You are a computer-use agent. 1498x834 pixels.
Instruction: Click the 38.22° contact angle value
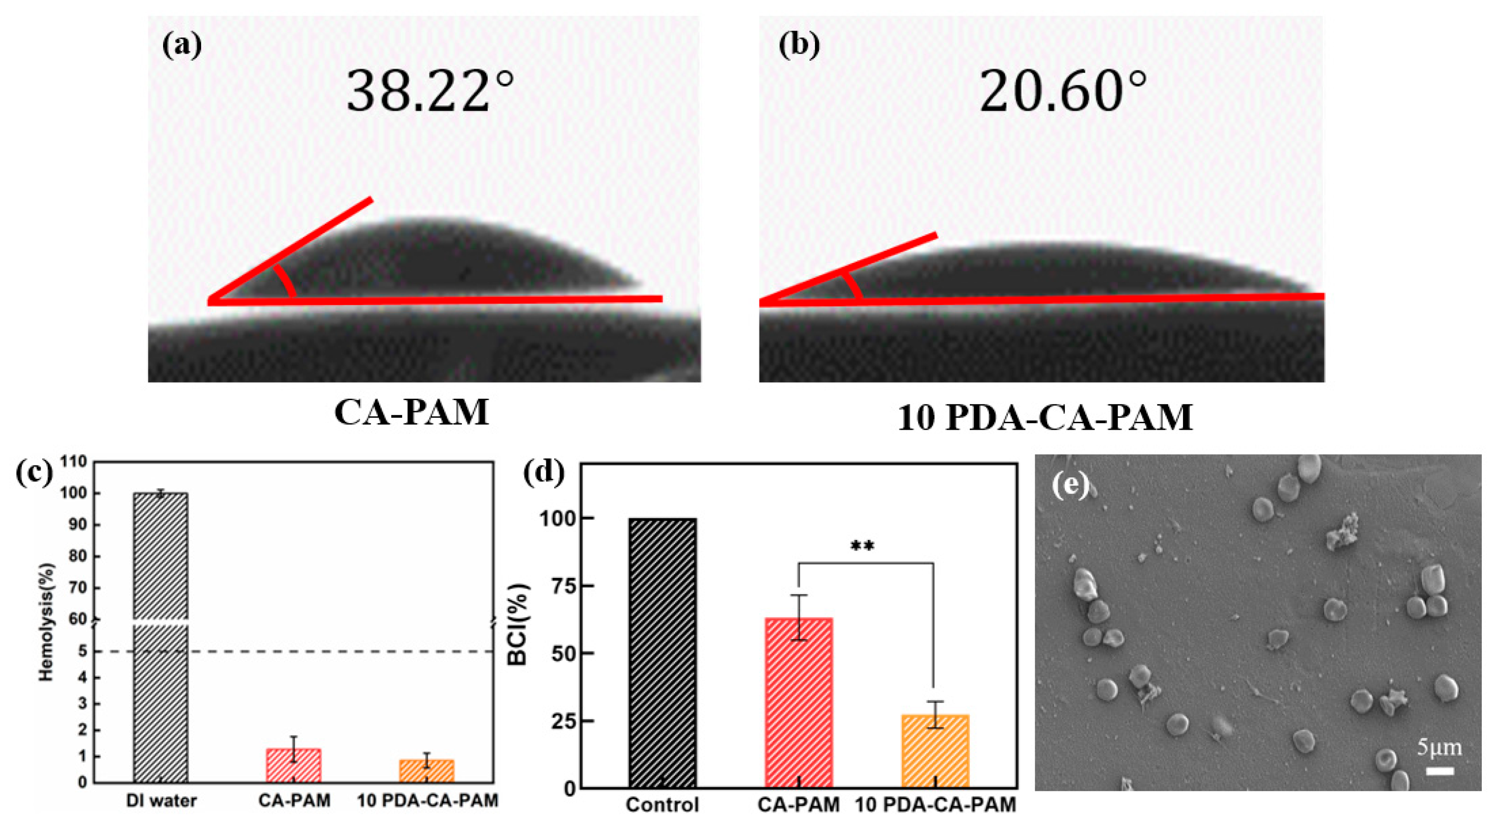pyautogui.click(x=430, y=92)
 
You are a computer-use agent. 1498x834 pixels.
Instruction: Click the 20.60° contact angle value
pyautogui.click(x=1063, y=92)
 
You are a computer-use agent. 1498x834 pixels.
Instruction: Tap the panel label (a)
pyautogui.click(x=182, y=45)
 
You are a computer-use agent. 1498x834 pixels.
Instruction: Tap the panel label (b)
pyautogui.click(x=799, y=45)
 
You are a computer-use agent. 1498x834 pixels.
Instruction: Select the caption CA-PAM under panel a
pyautogui.click(x=412, y=413)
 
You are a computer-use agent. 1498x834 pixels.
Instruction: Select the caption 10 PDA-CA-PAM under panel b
pyautogui.click(x=1045, y=418)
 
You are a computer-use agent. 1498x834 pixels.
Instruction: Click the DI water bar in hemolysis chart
pyautogui.click(x=160, y=640)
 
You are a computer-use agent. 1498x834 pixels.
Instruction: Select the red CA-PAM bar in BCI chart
pyautogui.click(x=799, y=703)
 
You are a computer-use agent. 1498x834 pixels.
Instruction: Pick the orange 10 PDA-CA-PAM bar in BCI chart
pyautogui.click(x=935, y=752)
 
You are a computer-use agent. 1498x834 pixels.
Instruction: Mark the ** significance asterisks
pyautogui.click(x=862, y=546)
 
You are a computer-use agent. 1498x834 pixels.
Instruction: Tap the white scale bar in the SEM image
pyautogui.click(x=1440, y=771)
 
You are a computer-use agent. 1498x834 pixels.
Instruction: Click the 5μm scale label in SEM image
pyautogui.click(x=1439, y=747)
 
